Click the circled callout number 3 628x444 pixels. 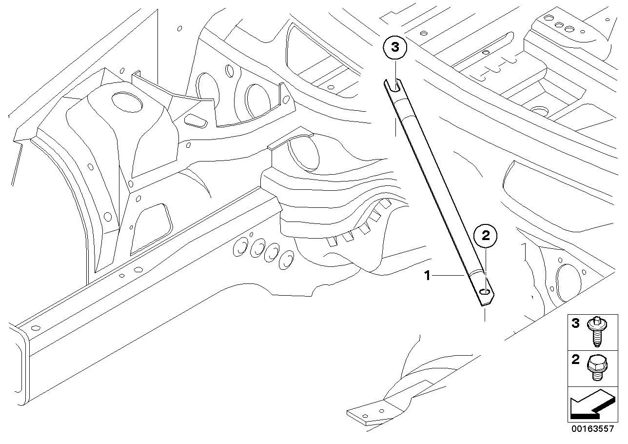pos(395,47)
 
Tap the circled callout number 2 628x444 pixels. pos(485,236)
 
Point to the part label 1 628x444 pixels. pos(427,276)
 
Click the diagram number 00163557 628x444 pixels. pos(593,428)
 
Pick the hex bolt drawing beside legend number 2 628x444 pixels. pos(597,368)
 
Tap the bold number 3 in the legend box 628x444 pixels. pos(575,323)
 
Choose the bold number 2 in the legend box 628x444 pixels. pos(575,359)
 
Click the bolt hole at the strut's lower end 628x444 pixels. pos(484,292)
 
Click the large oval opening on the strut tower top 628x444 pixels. pos(127,102)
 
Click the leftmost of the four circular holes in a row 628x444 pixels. pos(240,246)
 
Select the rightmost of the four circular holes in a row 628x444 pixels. pos(286,260)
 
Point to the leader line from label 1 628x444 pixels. pos(448,276)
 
